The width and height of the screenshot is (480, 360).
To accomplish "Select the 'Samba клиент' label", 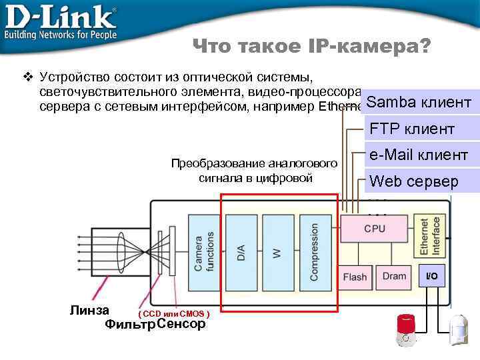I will pyautogui.click(x=419, y=103).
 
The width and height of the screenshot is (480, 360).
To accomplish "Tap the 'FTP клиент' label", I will pyautogui.click(x=412, y=129).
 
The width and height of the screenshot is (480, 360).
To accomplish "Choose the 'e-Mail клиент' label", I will pyautogui.click(x=419, y=155).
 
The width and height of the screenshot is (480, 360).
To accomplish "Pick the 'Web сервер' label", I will pyautogui.click(x=414, y=181).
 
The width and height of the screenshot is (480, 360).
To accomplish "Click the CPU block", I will pyautogui.click(x=374, y=229).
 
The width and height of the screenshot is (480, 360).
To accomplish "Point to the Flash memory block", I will pyautogui.click(x=355, y=277).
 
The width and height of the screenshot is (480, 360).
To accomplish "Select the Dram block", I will pyautogui.click(x=394, y=276).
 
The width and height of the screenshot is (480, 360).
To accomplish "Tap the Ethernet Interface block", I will pyautogui.click(x=430, y=237).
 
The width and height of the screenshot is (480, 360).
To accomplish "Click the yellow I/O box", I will pyautogui.click(x=432, y=275).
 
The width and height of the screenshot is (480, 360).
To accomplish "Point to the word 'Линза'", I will pyautogui.click(x=89, y=309).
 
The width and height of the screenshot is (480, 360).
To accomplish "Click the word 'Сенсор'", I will pyautogui.click(x=181, y=325).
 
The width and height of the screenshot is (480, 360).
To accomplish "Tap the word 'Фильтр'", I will pyautogui.click(x=130, y=325).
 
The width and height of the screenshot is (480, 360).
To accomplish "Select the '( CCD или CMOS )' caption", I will pyautogui.click(x=174, y=313).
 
